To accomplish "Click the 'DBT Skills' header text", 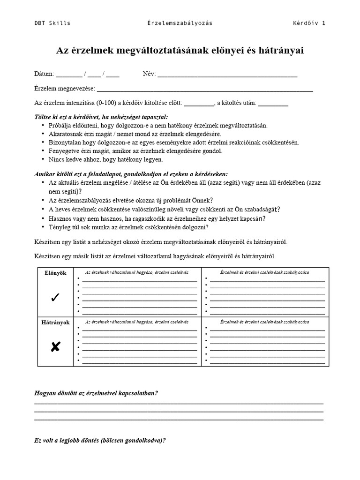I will click(x=52, y=23).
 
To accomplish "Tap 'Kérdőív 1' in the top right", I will click(x=309, y=23).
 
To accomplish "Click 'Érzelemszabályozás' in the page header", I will click(x=180, y=23).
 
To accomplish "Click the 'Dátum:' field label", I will click(x=44, y=74).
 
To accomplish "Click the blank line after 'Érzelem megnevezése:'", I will click(x=204, y=89).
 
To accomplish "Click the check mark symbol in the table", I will click(x=55, y=298).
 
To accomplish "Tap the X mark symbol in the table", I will click(x=55, y=347).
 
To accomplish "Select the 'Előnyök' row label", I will click(x=55, y=273).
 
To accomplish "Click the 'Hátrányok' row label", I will click(x=55, y=322).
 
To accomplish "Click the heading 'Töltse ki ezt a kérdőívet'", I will click(x=101, y=117).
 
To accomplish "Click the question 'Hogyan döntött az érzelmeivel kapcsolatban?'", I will click(x=96, y=393).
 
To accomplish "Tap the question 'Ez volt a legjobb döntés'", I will click(x=100, y=441).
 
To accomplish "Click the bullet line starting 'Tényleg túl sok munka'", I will click(x=128, y=227).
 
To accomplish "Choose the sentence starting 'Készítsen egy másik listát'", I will click(x=155, y=256).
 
